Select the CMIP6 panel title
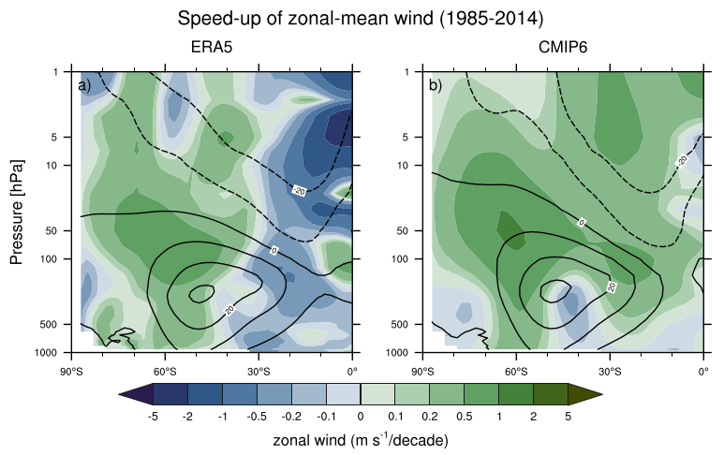[563, 48]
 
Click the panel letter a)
[84, 86]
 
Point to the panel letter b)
[436, 86]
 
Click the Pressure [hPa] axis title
[18, 212]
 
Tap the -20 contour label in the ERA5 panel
[299, 191]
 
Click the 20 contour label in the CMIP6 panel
[613, 286]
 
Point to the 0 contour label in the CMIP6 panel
[581, 223]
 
